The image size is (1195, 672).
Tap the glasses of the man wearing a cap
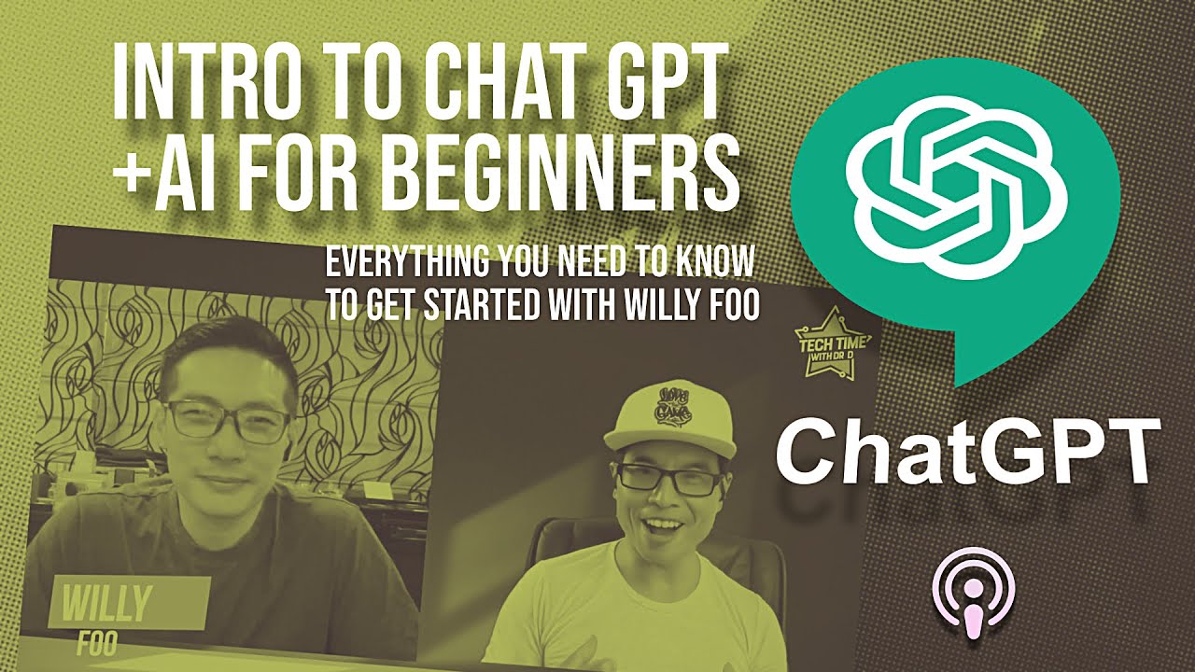coord(669,480)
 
